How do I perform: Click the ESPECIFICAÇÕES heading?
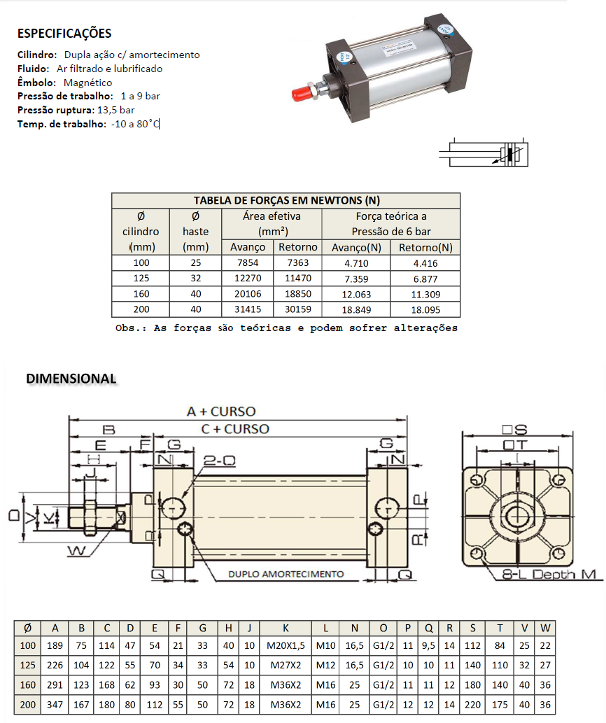(64, 34)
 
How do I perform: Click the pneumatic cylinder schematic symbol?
(484, 152)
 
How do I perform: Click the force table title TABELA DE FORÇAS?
(286, 201)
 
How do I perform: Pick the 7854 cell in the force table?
(248, 263)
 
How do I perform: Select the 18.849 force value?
(357, 309)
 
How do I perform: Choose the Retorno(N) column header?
(425, 247)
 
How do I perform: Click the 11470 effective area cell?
(298, 279)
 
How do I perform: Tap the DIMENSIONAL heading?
(71, 379)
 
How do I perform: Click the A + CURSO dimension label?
(221, 412)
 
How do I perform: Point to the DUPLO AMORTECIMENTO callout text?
(286, 574)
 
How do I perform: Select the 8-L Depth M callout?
(553, 574)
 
